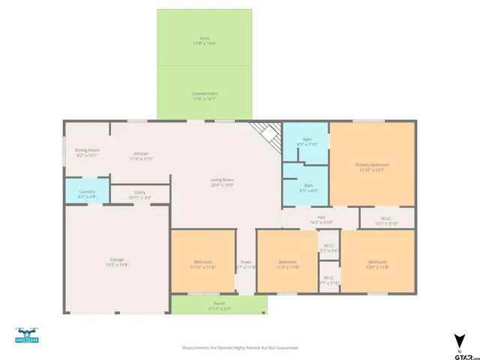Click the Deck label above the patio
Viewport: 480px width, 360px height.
coord(204,40)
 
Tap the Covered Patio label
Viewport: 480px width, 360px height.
coord(204,95)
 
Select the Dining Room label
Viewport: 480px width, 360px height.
coord(86,152)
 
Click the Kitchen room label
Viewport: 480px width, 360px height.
coord(141,156)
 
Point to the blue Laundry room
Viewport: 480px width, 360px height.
coord(86,193)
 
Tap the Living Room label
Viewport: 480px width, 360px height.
coord(222,182)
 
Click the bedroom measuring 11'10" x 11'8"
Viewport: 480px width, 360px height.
coord(202,264)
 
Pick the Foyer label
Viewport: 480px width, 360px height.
coord(246,264)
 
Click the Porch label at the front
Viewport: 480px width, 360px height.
coord(219,306)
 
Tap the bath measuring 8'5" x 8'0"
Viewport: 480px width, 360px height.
coord(308,187)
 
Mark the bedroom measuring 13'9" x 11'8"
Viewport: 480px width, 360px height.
coord(378,264)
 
